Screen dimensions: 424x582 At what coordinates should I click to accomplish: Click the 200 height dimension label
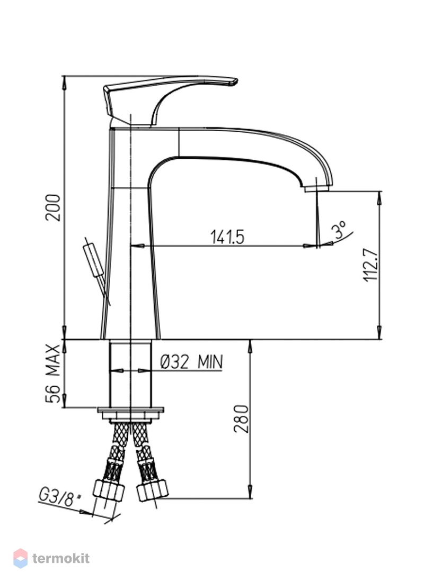[53, 207]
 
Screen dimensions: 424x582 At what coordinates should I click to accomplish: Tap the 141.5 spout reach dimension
[227, 237]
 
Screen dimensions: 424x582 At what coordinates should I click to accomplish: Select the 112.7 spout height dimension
[371, 265]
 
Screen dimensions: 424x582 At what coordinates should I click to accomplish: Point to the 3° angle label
[340, 230]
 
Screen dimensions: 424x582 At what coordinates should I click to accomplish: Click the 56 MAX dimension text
[53, 374]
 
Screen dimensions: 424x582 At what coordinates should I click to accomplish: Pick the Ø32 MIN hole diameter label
[191, 361]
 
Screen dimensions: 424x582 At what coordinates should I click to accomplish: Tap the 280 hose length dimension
[241, 419]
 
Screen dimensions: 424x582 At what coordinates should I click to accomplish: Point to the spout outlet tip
[316, 189]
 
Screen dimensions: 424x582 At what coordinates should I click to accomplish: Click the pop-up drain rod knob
[94, 260]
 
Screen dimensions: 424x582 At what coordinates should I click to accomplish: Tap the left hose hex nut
[108, 490]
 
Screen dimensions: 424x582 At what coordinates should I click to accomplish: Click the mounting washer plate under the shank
[130, 411]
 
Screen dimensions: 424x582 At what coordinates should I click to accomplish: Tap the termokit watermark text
[61, 558]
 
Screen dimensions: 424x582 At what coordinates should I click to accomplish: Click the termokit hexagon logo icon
[21, 558]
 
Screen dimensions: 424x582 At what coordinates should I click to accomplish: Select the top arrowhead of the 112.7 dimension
[379, 197]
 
